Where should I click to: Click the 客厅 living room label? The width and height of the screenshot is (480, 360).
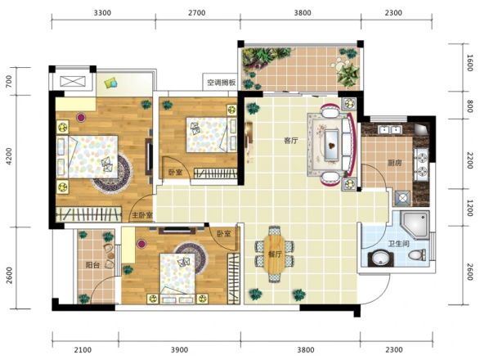[x=291, y=141]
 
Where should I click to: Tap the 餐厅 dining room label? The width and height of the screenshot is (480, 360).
[x=275, y=254]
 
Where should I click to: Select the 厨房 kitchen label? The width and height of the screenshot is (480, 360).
[x=394, y=163]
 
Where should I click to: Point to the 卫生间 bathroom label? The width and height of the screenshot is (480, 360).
[x=398, y=244]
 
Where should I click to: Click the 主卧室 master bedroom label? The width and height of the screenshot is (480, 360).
[x=142, y=215]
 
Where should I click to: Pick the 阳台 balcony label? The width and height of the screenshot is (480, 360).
[x=92, y=265]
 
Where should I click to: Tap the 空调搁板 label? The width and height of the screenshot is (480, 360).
[x=222, y=83]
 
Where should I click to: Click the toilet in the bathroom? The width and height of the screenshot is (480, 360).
[x=417, y=255]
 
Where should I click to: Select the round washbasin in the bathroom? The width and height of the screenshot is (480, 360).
[x=380, y=259]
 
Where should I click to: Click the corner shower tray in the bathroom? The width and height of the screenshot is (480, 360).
[x=415, y=224]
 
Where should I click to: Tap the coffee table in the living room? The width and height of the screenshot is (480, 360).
[x=331, y=145]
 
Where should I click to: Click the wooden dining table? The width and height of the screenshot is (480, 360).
[x=274, y=254]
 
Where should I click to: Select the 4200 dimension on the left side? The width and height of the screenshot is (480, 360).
[x=10, y=156]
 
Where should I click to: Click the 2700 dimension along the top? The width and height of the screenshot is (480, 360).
[x=196, y=13]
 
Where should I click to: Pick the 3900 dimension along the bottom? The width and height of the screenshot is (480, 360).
[x=179, y=349]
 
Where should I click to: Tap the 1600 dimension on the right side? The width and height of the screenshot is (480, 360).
[x=470, y=63]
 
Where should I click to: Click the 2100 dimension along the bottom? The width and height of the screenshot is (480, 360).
[x=83, y=349]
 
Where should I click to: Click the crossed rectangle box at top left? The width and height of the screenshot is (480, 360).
[x=72, y=81]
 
